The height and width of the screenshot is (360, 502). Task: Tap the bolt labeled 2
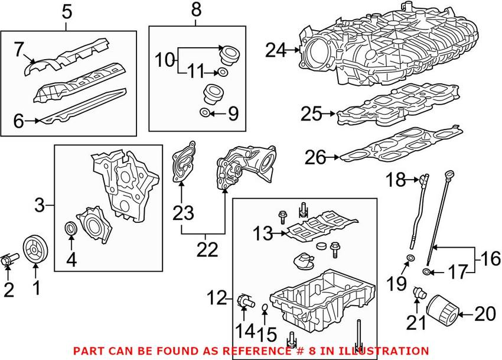[9, 258]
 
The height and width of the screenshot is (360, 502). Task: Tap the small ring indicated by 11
[222, 72]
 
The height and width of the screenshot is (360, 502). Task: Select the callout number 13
[263, 234]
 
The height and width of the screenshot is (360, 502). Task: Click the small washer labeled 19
[410, 258]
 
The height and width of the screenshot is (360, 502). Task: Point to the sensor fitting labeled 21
[419, 291]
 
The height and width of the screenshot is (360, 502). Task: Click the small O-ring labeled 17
[426, 272]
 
